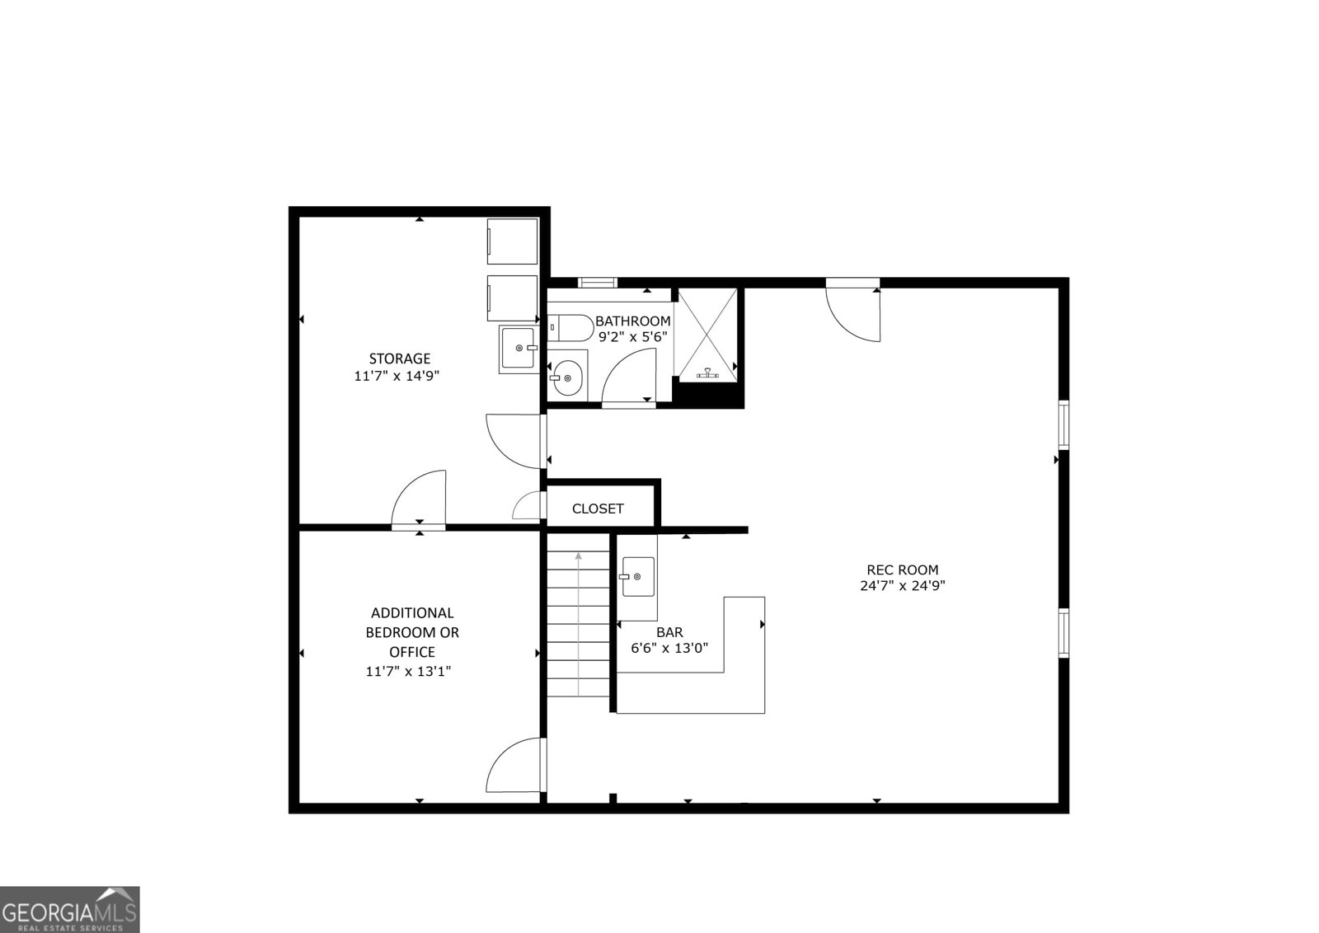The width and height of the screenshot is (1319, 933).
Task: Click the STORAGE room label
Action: tap(399, 359)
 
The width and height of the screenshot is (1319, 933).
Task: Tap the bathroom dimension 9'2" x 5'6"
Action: tap(632, 337)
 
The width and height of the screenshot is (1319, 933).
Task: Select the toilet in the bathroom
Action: tap(570, 328)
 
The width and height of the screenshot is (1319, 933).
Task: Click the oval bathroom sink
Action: tap(567, 377)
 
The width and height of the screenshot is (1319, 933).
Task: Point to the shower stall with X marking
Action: tap(706, 334)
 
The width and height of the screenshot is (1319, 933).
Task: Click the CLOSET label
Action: tap(598, 509)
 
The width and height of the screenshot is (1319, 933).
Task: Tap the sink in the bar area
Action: tap(638, 577)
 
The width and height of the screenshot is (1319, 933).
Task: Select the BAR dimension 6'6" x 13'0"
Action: tap(669, 649)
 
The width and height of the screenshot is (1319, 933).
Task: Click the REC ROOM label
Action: tap(902, 570)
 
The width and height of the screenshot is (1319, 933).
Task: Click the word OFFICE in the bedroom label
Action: tap(412, 652)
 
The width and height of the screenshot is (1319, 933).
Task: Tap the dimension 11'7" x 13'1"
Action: tap(408, 672)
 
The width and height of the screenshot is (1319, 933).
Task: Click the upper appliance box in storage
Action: tap(513, 241)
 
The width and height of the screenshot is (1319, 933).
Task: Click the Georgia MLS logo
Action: tap(69, 910)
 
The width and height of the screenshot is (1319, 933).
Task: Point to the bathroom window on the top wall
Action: tap(598, 283)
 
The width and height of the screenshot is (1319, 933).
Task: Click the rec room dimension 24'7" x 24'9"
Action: tap(902, 586)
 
